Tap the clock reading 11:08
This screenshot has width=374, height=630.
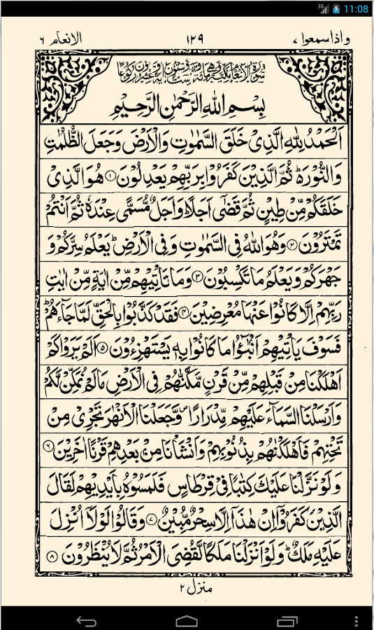[356, 8]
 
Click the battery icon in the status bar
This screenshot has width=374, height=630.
[336, 8]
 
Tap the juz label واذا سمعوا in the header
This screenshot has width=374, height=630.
[311, 39]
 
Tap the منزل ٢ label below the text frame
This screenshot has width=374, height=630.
[187, 590]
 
